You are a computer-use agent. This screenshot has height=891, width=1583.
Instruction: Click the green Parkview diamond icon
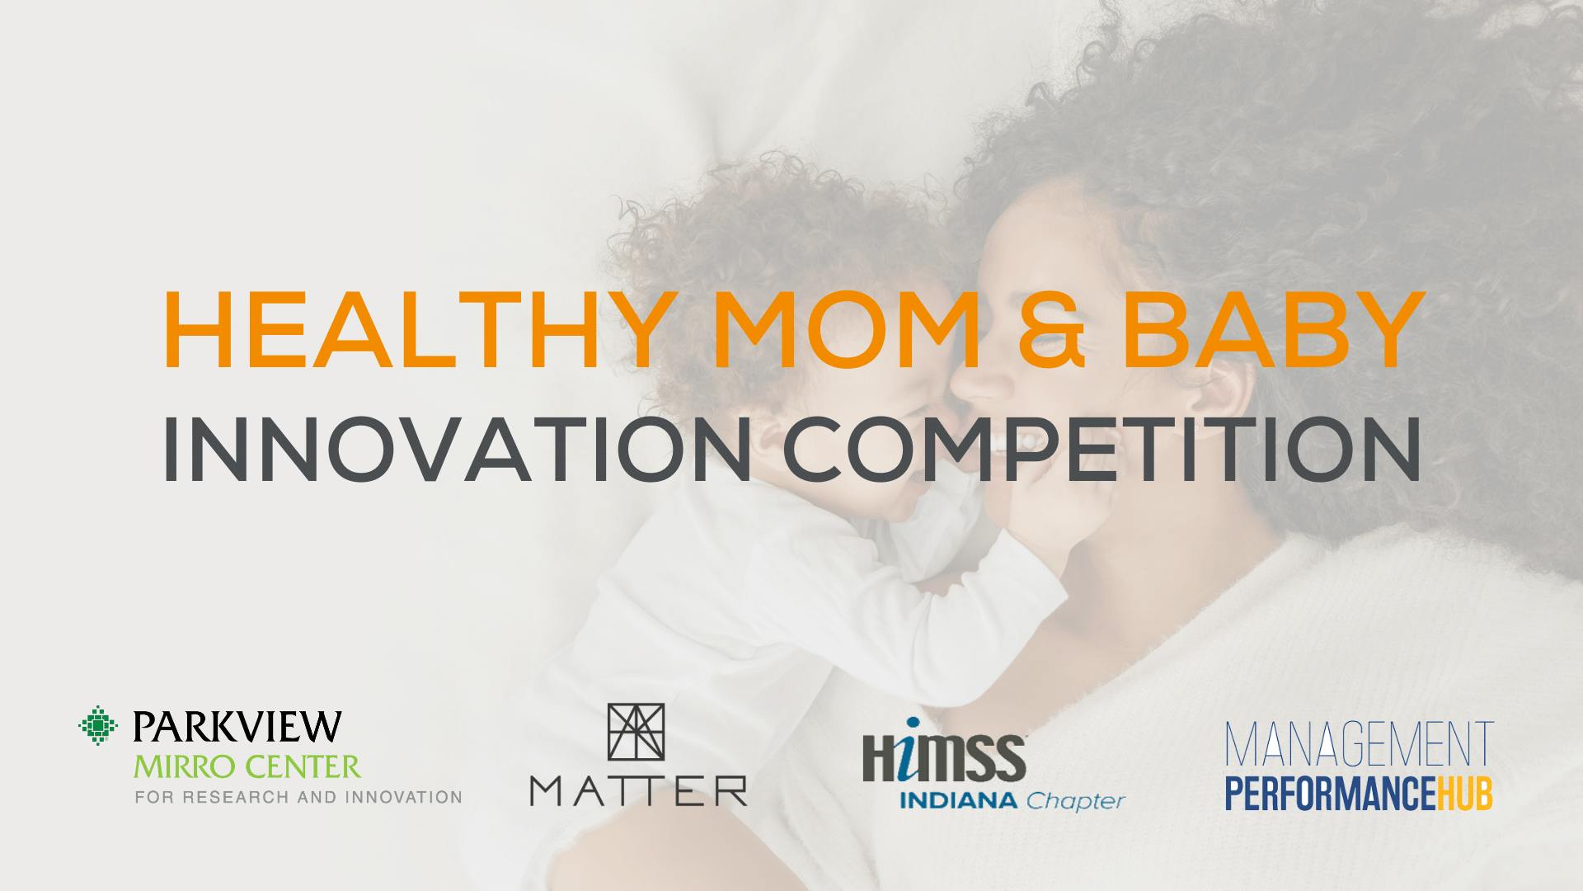coord(97,724)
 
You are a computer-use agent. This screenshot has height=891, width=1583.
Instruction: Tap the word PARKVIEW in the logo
coord(236,725)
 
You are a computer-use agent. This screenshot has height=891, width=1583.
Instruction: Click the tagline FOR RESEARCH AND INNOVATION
coord(298,798)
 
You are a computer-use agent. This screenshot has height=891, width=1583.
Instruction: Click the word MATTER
coord(638,789)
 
